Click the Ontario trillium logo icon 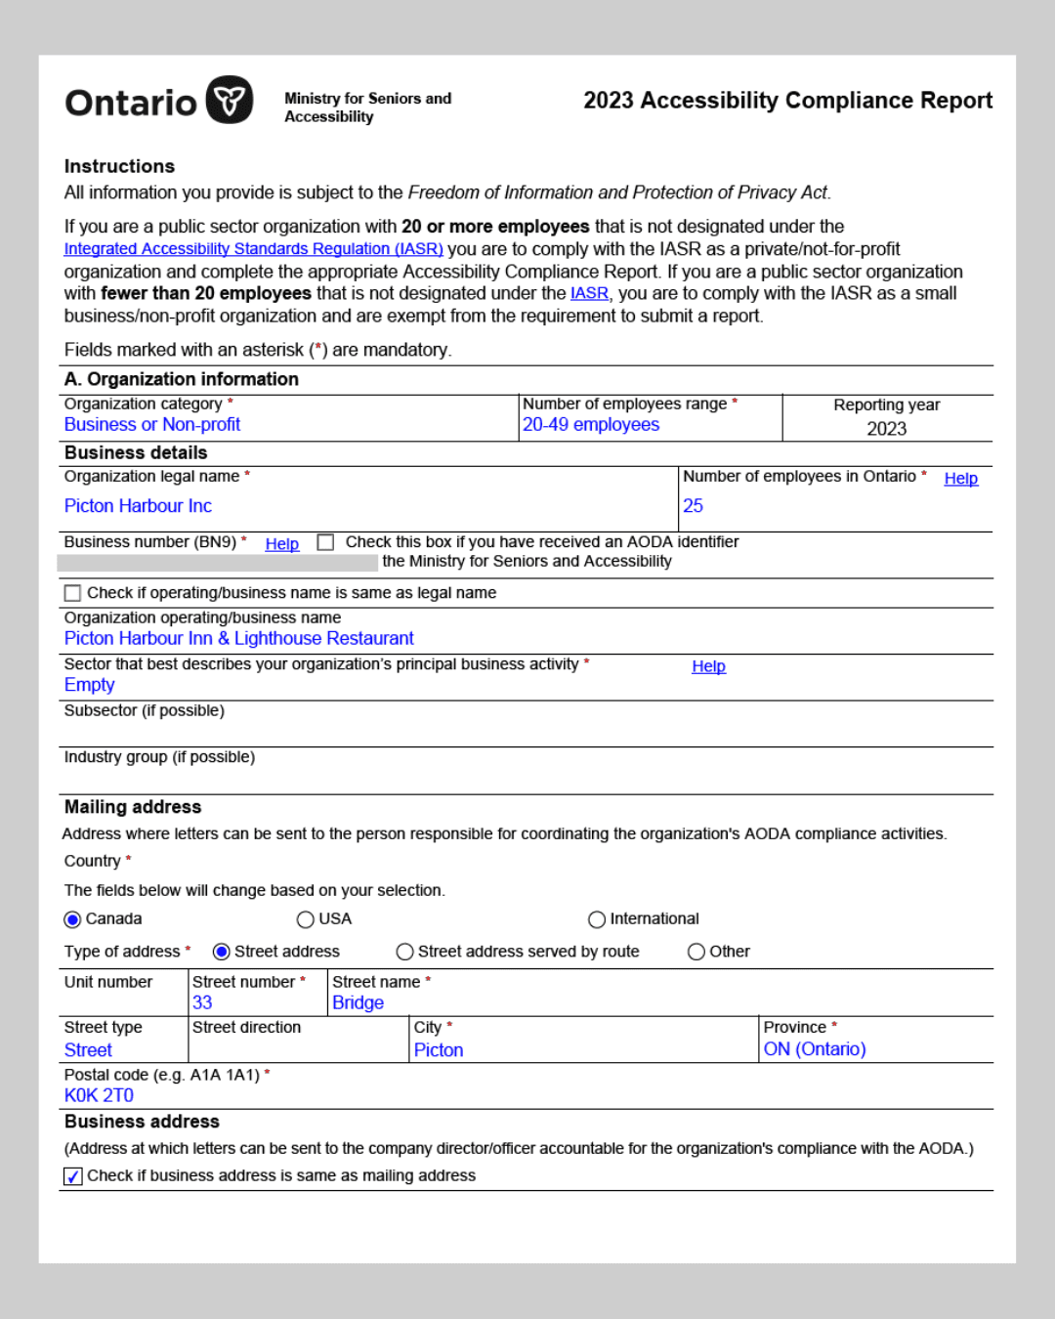pyautogui.click(x=230, y=100)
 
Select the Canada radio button pyautogui.click(x=72, y=919)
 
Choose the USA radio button pyautogui.click(x=305, y=919)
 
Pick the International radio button pyautogui.click(x=597, y=919)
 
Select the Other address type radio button pyautogui.click(x=696, y=952)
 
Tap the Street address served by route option pyautogui.click(x=404, y=952)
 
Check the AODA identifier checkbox pyautogui.click(x=326, y=542)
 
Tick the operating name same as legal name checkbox pyautogui.click(x=72, y=593)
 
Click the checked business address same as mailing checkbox pyautogui.click(x=73, y=1176)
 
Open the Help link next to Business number pyautogui.click(x=282, y=544)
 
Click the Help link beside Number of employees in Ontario pyautogui.click(x=960, y=479)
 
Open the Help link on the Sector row pyautogui.click(x=708, y=666)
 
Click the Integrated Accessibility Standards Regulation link pyautogui.click(x=253, y=249)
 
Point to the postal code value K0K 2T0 pyautogui.click(x=99, y=1095)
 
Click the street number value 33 pyautogui.click(x=202, y=1002)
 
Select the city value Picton pyautogui.click(x=439, y=1050)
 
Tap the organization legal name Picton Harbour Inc pyautogui.click(x=138, y=506)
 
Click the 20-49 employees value pyautogui.click(x=591, y=425)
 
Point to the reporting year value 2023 pyautogui.click(x=886, y=429)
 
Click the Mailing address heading pyautogui.click(x=133, y=807)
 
